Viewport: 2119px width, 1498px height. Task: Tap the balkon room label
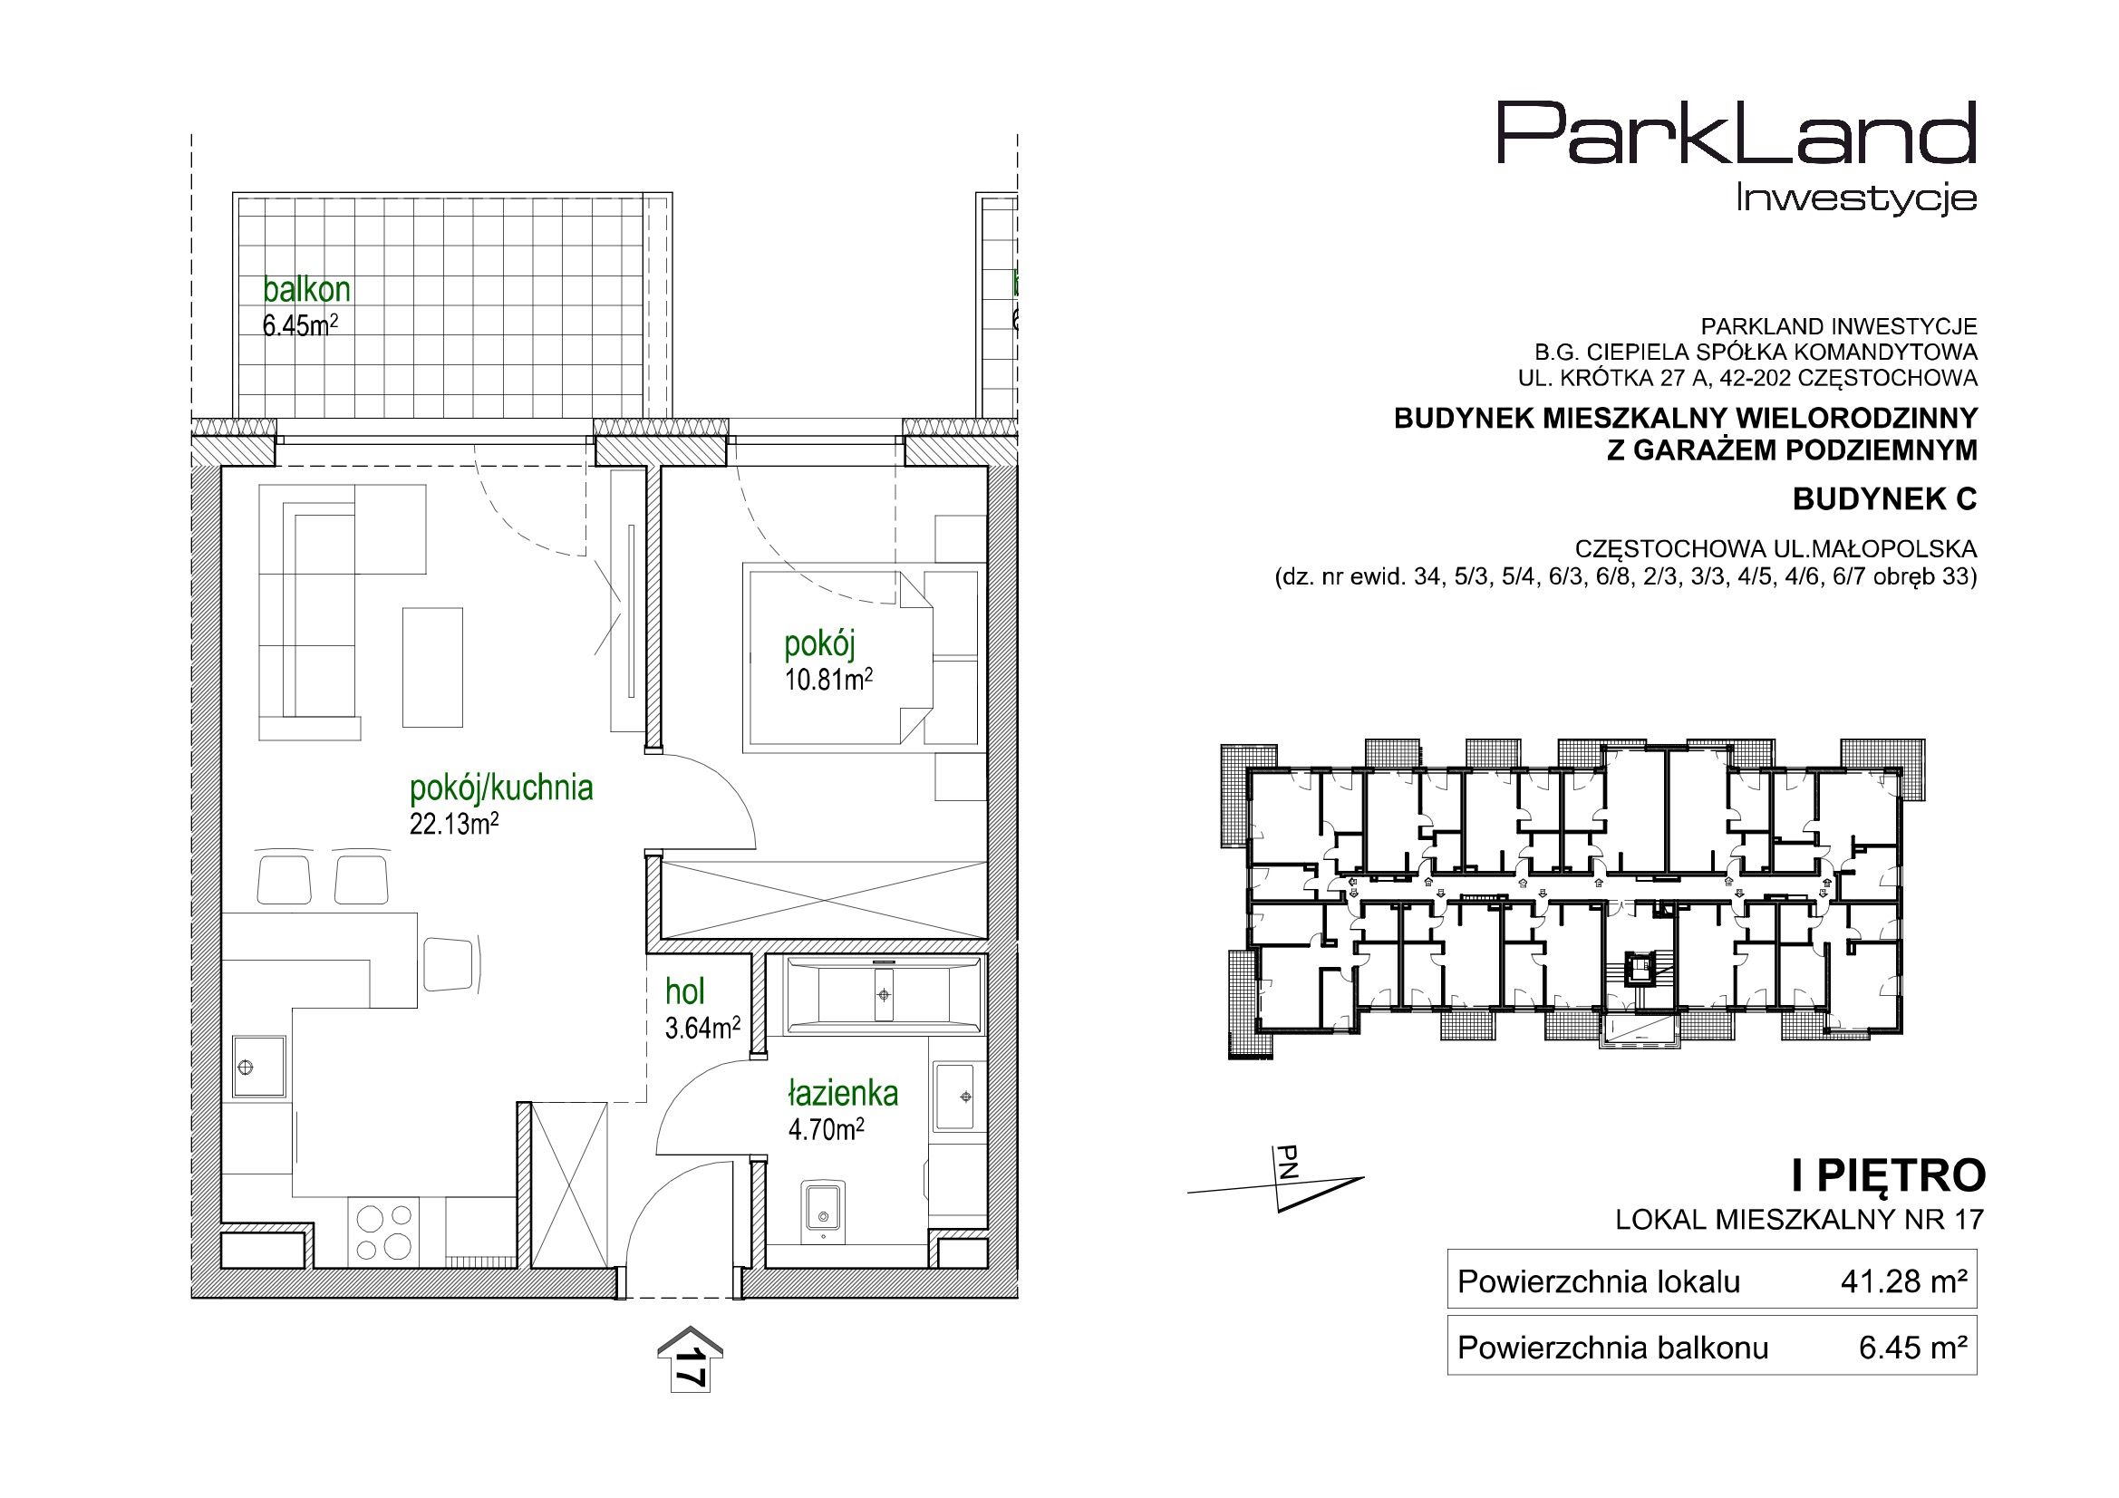[306, 290]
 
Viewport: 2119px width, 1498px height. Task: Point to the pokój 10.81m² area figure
[828, 681]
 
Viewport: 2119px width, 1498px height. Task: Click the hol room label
[685, 992]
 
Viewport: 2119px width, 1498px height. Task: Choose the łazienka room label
[843, 1094]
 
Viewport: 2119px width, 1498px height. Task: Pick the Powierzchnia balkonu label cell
[1612, 1348]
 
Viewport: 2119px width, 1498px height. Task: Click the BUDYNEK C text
[1884, 499]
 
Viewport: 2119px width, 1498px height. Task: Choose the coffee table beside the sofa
[433, 666]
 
